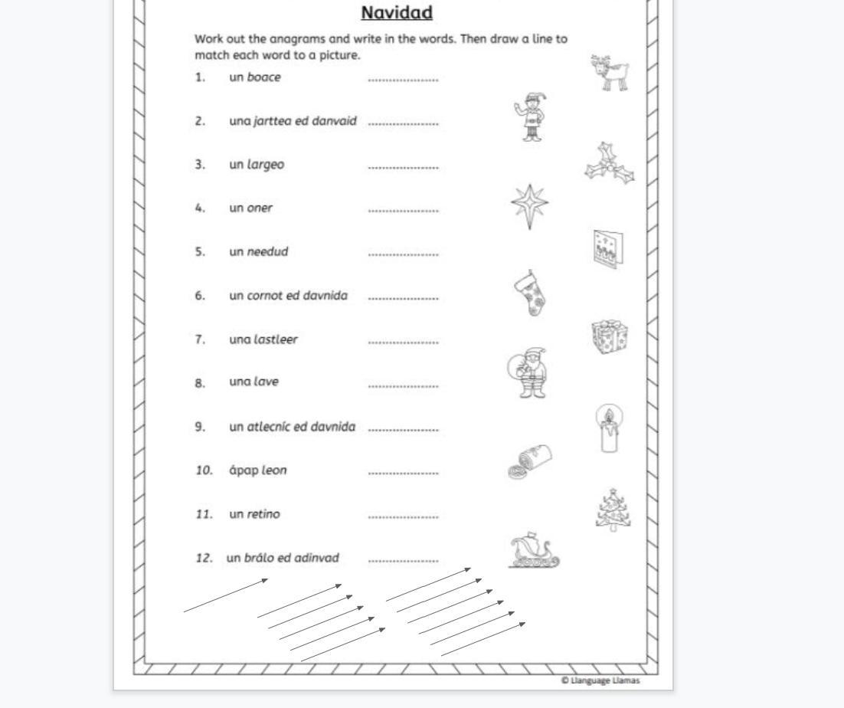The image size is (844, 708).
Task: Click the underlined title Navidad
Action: coord(397,13)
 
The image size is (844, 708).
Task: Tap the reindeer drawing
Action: coord(611,74)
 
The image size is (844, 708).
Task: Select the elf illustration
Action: coord(530,116)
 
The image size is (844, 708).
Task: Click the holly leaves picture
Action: coord(610,163)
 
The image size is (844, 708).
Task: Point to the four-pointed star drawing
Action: coord(529,206)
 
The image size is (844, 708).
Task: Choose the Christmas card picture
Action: coord(608,247)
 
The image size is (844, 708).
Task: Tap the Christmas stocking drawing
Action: coord(530,293)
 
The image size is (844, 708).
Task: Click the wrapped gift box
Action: coord(610,336)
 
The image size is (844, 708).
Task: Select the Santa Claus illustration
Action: coord(528,374)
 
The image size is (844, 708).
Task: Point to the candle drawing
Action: coord(609,429)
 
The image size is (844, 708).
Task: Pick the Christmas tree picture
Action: coord(612,510)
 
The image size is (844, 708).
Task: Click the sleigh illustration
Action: coord(534,552)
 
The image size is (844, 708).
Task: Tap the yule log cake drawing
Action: coord(530,463)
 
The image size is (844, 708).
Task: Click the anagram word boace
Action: coord(263,77)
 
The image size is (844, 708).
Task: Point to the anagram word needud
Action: coord(267,251)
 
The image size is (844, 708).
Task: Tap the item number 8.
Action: coord(200,383)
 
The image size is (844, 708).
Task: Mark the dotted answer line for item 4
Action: coord(403,211)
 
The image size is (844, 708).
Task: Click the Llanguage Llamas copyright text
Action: coord(600,680)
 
